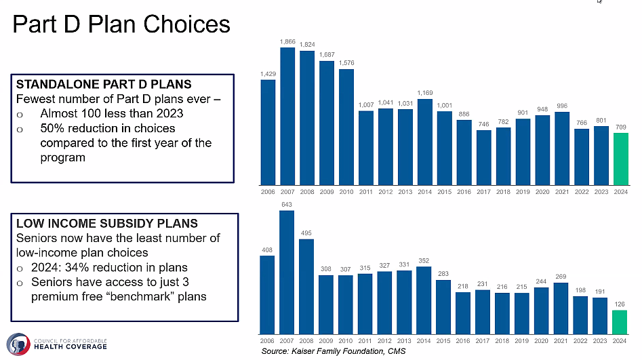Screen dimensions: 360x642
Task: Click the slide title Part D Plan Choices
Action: click(x=122, y=24)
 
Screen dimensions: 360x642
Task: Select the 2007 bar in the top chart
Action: click(x=287, y=116)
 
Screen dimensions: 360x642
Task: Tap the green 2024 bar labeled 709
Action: click(x=621, y=159)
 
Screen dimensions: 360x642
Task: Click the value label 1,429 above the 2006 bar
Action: click(x=268, y=73)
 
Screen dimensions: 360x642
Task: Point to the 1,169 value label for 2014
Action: click(x=425, y=92)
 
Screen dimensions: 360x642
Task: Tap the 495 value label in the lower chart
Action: click(x=307, y=233)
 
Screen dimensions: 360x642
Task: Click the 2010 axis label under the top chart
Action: click(x=346, y=192)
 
